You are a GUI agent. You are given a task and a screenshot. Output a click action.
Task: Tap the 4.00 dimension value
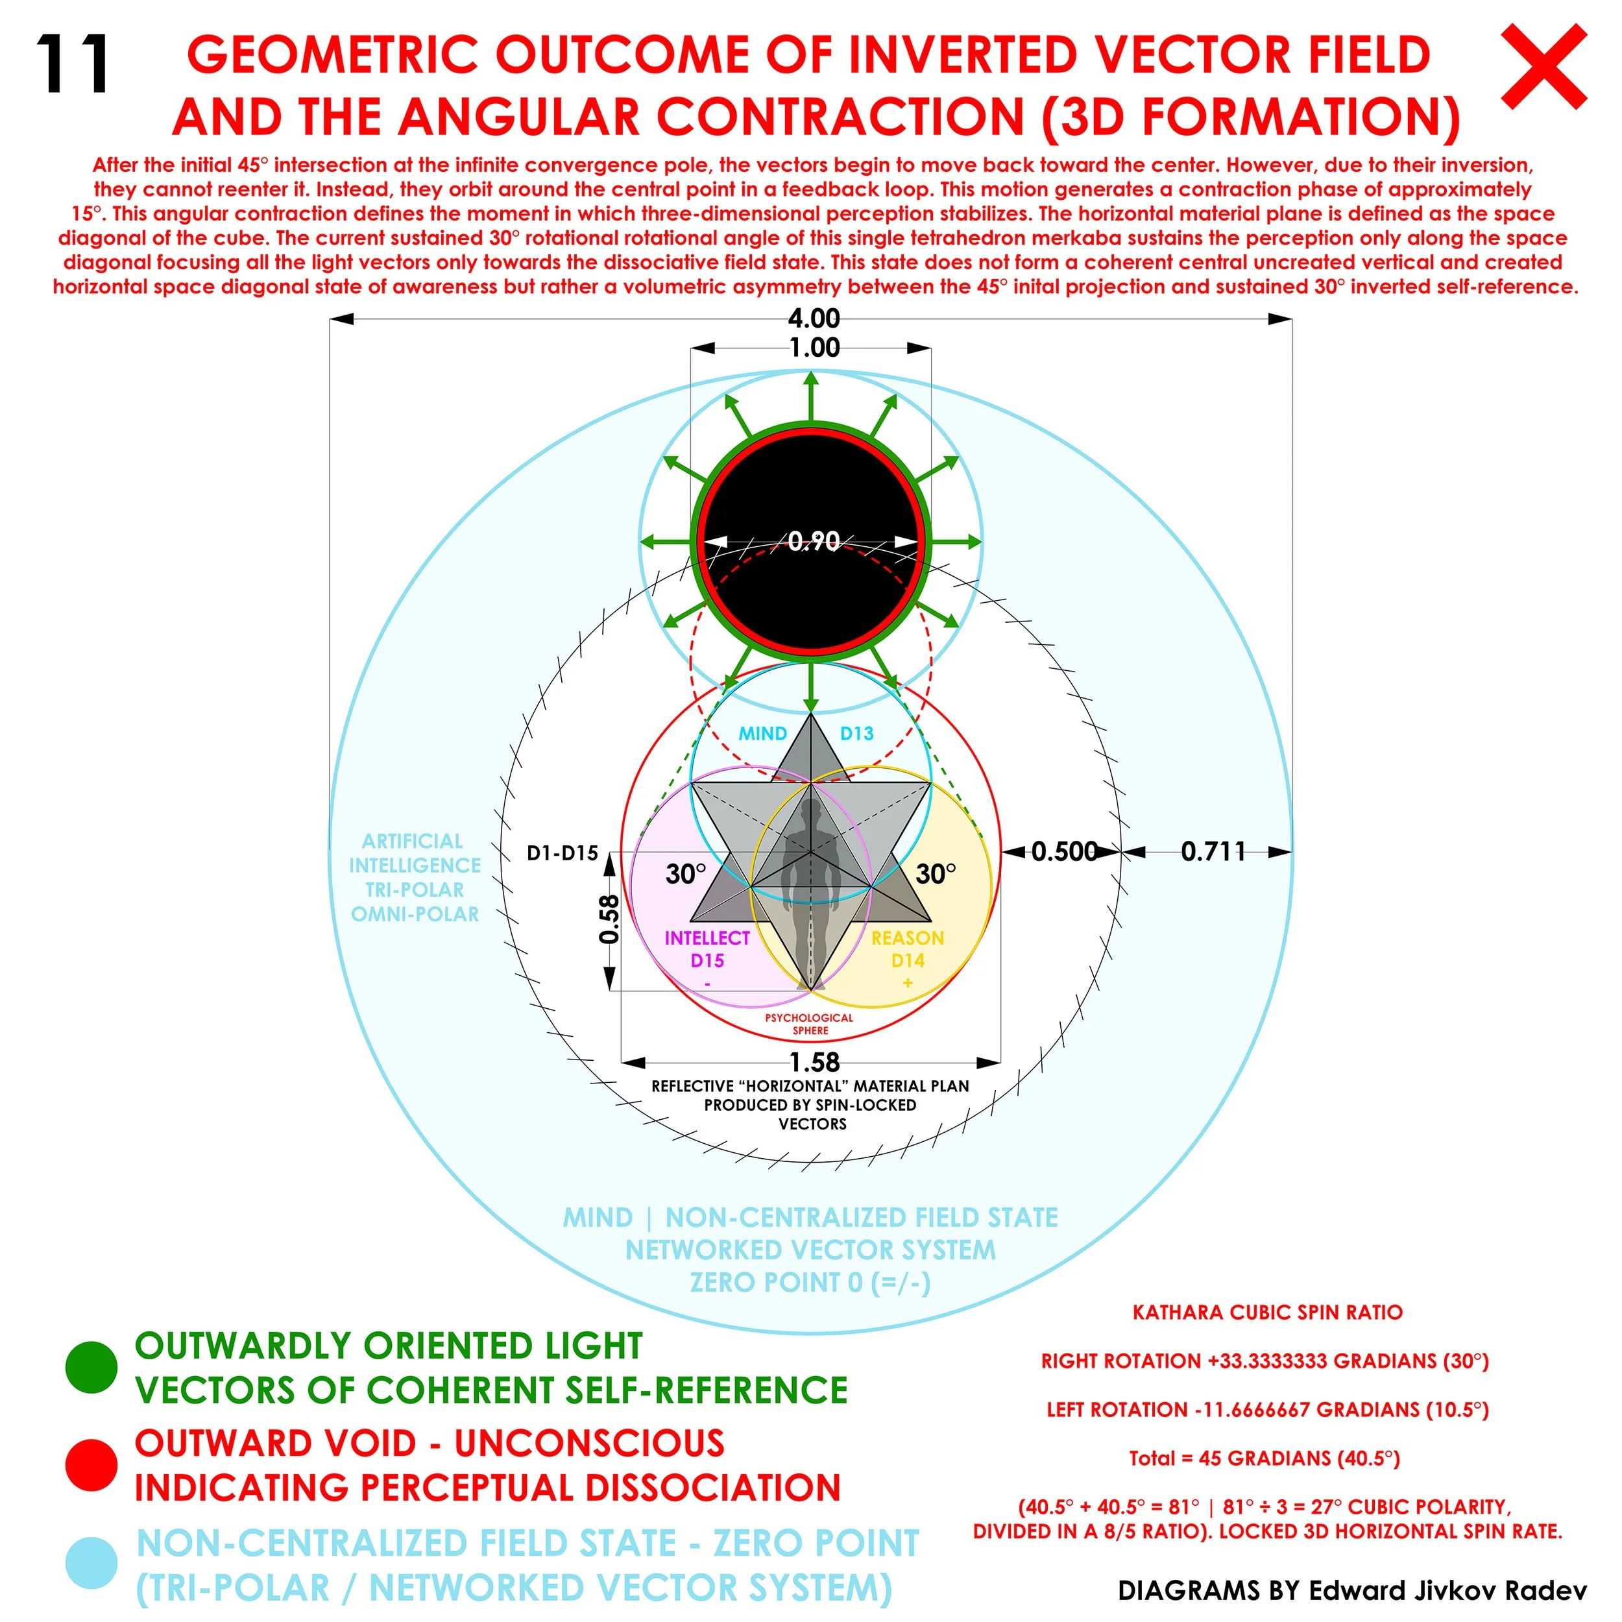click(814, 318)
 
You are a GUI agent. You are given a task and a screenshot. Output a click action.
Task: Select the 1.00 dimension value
click(814, 348)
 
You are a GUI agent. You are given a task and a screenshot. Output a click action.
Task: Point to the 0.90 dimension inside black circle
click(814, 542)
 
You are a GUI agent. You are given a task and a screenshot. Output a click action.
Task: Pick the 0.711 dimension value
click(1213, 851)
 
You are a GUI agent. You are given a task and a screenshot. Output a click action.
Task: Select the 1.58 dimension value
click(814, 1062)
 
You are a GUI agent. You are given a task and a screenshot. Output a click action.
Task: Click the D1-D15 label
click(562, 853)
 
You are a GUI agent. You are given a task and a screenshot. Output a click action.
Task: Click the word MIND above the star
click(762, 733)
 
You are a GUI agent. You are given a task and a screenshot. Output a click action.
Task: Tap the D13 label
click(856, 733)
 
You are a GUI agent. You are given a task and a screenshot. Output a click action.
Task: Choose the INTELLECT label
click(707, 938)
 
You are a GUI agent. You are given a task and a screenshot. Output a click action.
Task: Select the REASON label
click(908, 938)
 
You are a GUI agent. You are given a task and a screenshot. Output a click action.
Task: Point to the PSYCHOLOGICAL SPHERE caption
click(808, 1023)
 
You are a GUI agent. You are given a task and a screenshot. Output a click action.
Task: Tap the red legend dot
click(91, 1465)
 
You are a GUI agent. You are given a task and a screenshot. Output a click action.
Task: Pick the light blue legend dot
click(91, 1563)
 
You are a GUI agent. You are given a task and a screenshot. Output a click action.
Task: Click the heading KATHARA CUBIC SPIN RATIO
click(1267, 1313)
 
